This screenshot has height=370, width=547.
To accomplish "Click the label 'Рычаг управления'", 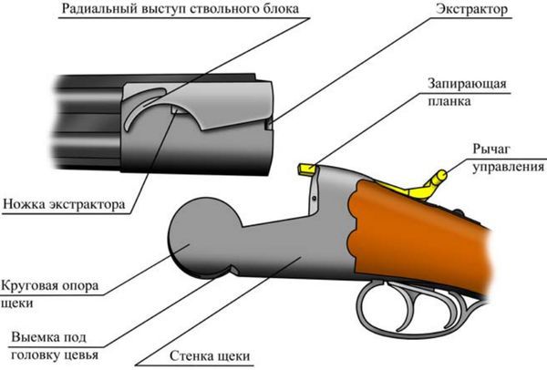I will [501, 159].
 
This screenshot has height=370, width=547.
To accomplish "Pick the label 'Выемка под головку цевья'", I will [56, 345].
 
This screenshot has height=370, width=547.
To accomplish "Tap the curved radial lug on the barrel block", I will [142, 110].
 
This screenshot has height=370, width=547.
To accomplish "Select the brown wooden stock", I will [428, 228].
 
